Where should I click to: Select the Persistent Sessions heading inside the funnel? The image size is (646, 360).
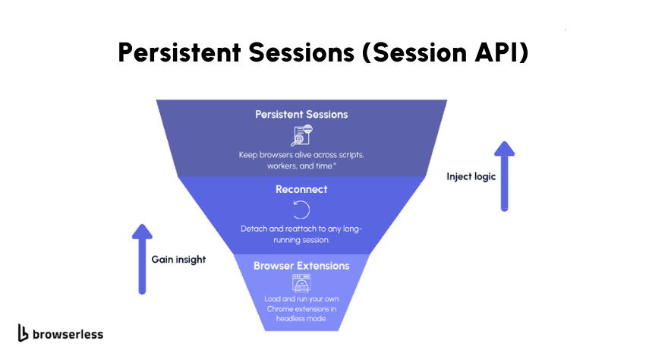[301, 115]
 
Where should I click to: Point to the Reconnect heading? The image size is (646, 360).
[301, 189]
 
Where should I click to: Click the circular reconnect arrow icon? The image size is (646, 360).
[301, 209]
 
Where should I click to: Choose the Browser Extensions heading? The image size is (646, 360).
[301, 267]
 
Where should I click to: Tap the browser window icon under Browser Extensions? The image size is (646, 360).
[301, 284]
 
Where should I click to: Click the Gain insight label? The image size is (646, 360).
[178, 259]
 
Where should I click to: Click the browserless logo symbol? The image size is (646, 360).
[24, 333]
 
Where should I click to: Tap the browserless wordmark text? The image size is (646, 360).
[68, 333]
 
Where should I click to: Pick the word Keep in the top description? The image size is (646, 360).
[248, 155]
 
